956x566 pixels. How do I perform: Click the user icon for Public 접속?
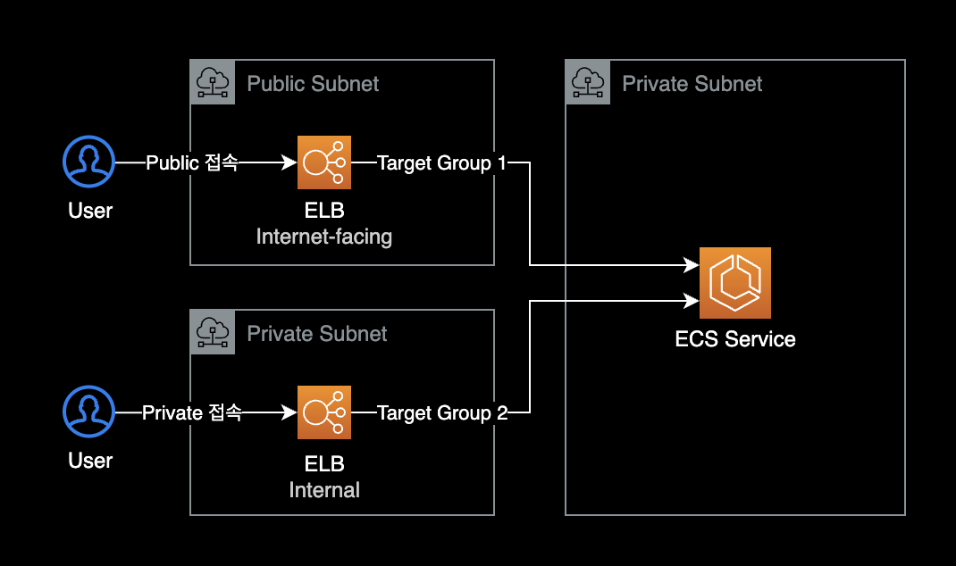89,162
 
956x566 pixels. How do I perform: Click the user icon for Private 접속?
89,412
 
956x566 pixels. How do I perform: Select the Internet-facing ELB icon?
324,162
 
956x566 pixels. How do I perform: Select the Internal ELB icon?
324,412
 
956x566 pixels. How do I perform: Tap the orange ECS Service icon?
735,283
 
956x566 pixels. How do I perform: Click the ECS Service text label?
735,339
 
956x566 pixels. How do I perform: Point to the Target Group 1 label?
441,163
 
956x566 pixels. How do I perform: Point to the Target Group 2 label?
442,413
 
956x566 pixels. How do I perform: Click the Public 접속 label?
192,163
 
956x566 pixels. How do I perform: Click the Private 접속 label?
192,413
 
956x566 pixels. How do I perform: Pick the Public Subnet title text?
313,84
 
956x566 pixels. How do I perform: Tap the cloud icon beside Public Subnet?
213,82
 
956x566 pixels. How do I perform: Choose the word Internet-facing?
324,237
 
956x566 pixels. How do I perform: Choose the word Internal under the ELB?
324,490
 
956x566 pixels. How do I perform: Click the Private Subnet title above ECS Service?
692,84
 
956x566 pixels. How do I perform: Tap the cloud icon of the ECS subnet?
588,82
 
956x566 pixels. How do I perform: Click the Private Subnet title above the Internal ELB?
317,334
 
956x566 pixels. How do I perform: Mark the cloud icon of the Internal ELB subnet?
213,332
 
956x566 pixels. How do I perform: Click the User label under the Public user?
90,211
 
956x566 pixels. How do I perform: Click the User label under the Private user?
90,461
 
